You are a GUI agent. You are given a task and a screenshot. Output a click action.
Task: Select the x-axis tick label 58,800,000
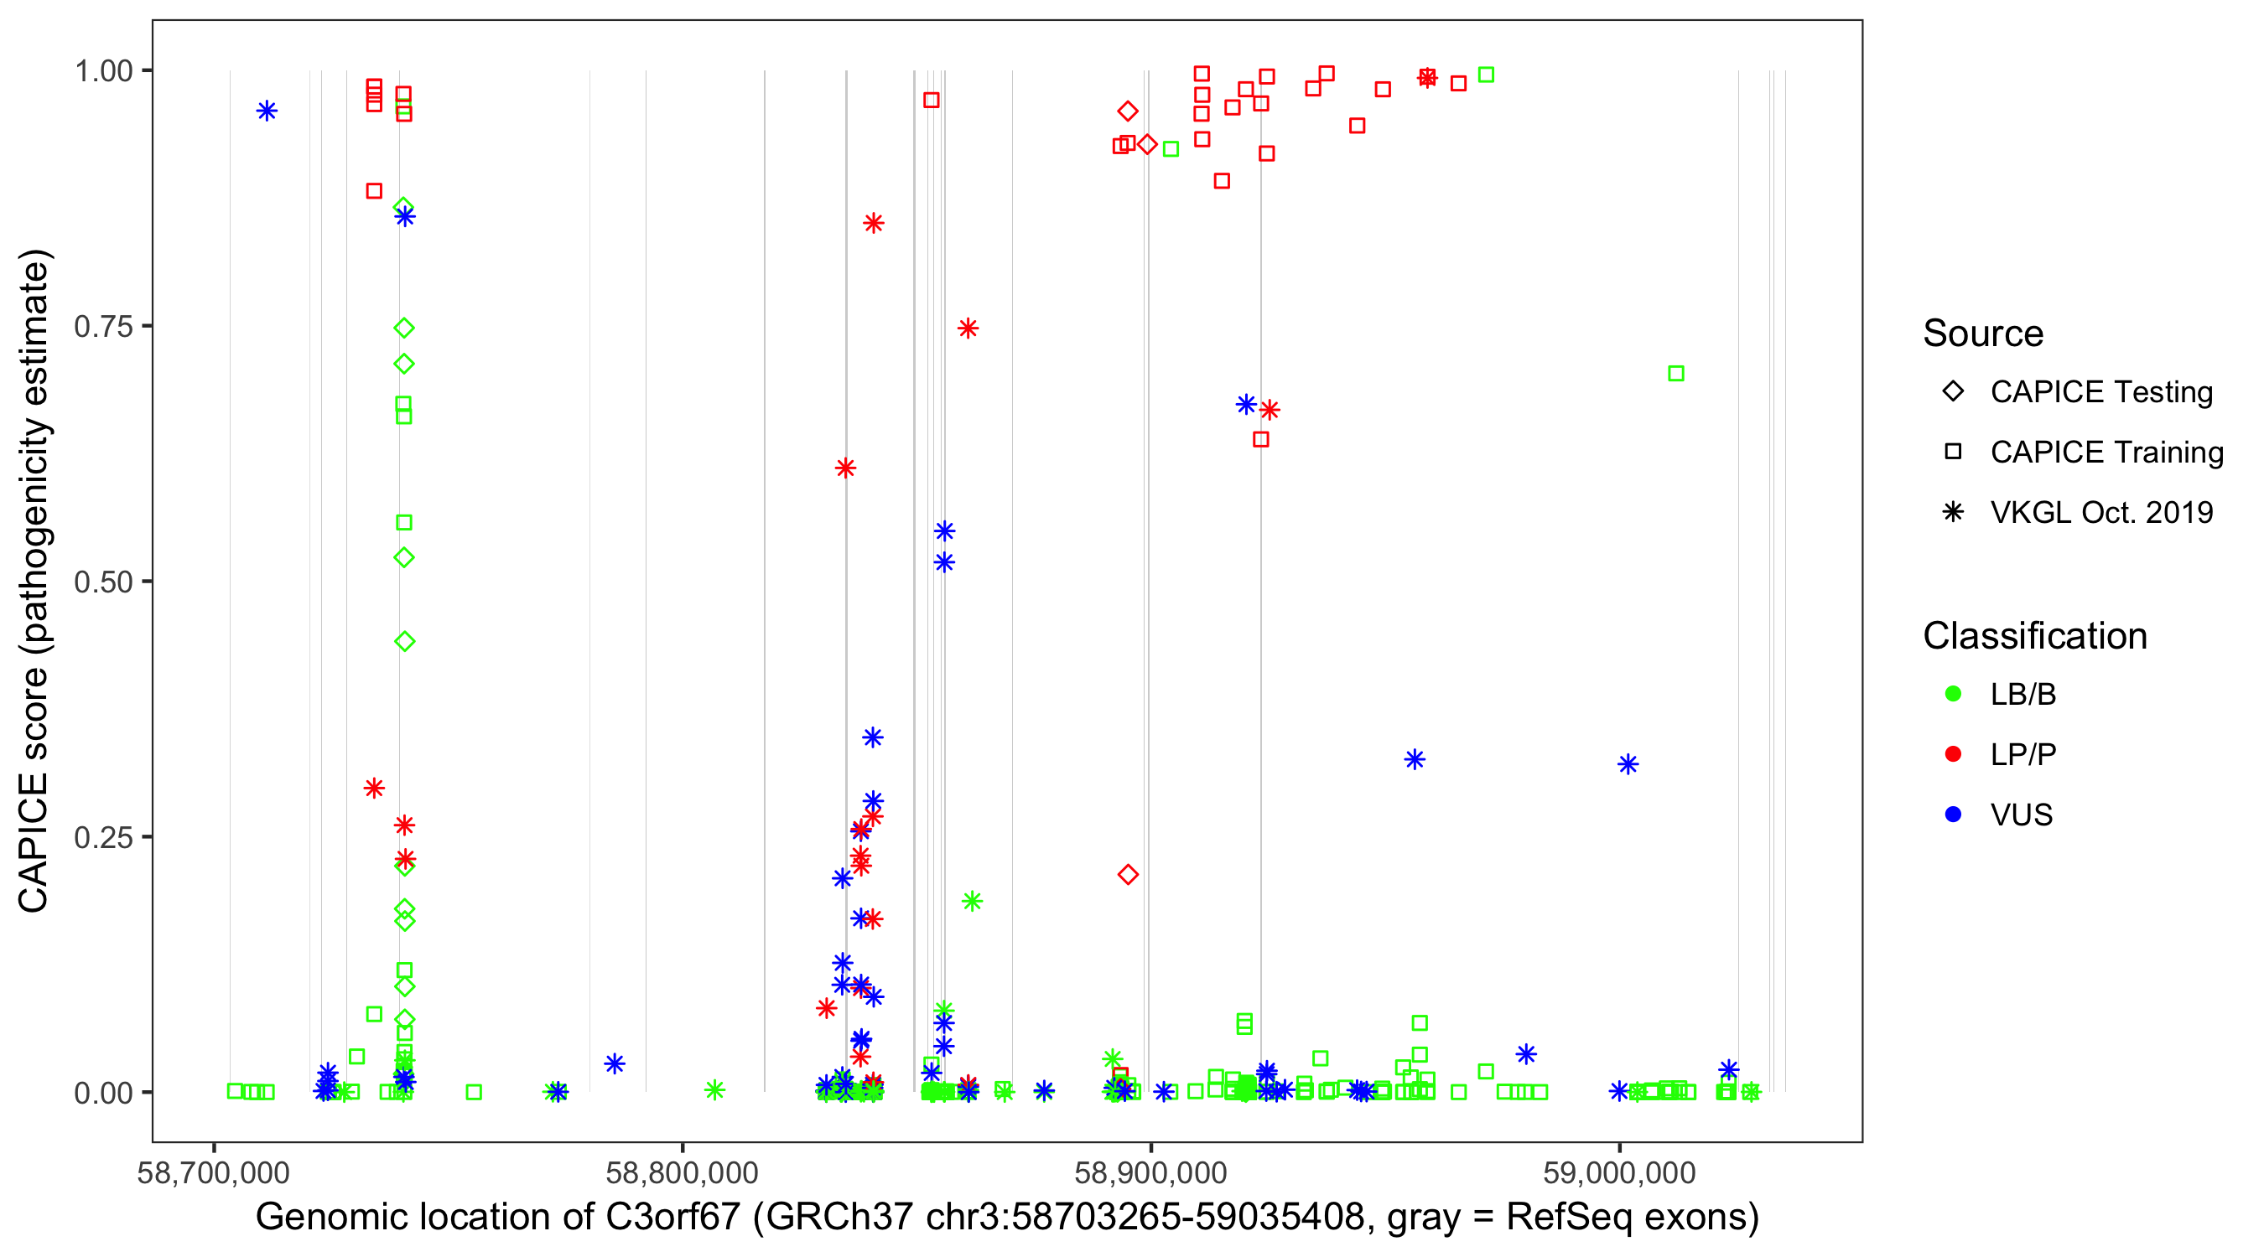pyautogui.click(x=682, y=1172)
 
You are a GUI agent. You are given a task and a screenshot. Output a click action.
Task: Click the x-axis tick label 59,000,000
pyautogui.click(x=1619, y=1172)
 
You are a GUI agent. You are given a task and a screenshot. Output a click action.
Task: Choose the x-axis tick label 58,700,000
pyautogui.click(x=214, y=1172)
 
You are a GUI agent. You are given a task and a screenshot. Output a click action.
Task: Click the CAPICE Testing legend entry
pyautogui.click(x=2100, y=392)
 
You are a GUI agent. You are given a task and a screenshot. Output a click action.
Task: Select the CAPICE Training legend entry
pyautogui.click(x=2106, y=453)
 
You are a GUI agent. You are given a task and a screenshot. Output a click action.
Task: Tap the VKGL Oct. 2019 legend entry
pyautogui.click(x=2100, y=512)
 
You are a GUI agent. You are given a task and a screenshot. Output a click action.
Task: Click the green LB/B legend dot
pyautogui.click(x=1953, y=694)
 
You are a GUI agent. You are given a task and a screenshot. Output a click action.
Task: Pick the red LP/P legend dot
pyautogui.click(x=1953, y=754)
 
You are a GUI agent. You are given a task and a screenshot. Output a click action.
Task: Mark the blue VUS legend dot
pyautogui.click(x=1953, y=815)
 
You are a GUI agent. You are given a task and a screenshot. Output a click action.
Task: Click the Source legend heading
pyautogui.click(x=1983, y=334)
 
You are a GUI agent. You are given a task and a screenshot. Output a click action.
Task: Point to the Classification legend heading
pyautogui.click(x=2034, y=636)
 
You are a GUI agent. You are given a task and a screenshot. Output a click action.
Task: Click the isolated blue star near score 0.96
pyautogui.click(x=267, y=111)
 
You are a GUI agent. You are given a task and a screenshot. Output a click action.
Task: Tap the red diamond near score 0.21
pyautogui.click(x=1128, y=874)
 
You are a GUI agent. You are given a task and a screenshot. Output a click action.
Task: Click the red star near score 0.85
pyautogui.click(x=873, y=223)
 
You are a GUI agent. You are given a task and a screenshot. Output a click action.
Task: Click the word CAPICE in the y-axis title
pyautogui.click(x=34, y=842)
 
